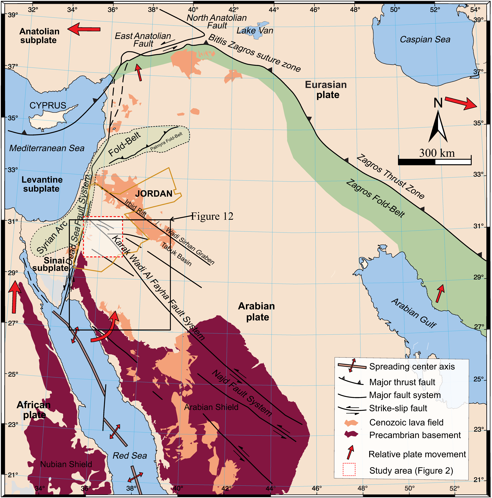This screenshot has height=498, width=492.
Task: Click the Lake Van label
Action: tap(255, 31)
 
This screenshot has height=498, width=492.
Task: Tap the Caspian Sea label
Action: tap(425, 39)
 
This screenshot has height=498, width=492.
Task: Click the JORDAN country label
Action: tap(154, 194)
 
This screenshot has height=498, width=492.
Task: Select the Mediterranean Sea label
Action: tap(47, 148)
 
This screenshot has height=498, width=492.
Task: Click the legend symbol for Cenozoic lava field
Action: tap(351, 423)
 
